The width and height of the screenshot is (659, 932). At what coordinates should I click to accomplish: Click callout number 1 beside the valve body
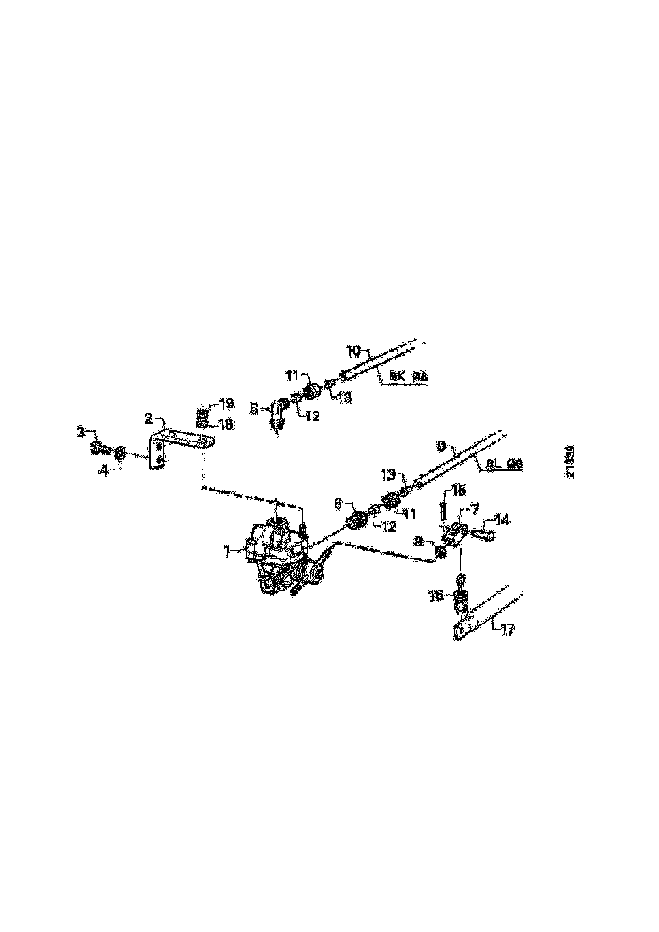[227, 552]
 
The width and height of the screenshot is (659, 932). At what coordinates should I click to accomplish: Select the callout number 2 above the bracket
[147, 419]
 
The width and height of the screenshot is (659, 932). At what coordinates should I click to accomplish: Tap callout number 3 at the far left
[81, 432]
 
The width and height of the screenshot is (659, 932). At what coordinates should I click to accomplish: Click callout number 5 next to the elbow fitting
[253, 408]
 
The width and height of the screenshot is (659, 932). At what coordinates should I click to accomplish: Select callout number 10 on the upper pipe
[354, 349]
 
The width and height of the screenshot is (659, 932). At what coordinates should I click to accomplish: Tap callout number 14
[502, 519]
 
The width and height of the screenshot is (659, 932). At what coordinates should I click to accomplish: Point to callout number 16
[437, 596]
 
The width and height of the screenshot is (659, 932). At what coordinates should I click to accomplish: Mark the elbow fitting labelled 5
[276, 415]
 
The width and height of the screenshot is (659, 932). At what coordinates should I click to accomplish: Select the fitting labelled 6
[357, 519]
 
